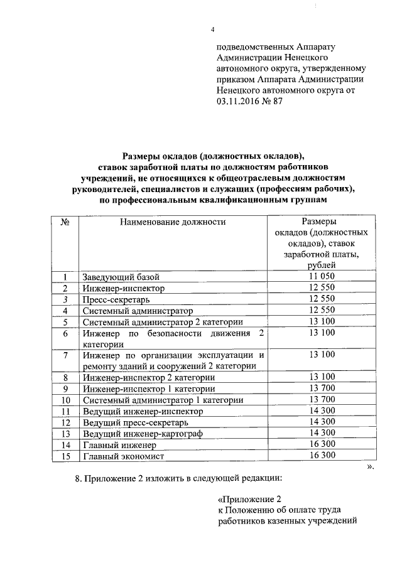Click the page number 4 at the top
[212, 30]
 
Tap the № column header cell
[64, 222]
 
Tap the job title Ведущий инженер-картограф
[145, 434]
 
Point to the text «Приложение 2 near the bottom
[248, 499]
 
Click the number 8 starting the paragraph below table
[77, 479]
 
